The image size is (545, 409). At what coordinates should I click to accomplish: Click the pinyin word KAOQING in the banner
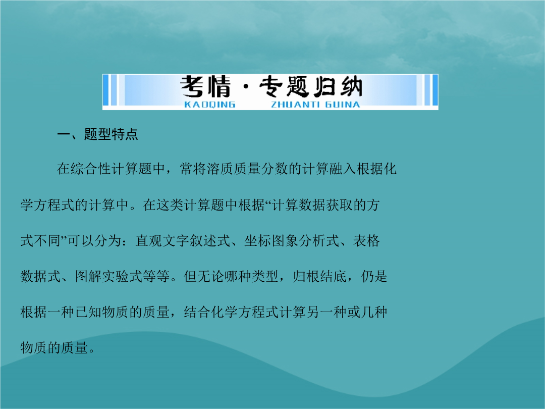pos(209,105)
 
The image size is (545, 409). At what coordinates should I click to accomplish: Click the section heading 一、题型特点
pos(97,134)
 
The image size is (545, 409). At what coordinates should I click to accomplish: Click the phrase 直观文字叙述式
pos(183,241)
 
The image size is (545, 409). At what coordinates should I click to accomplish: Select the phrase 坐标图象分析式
pos(291,241)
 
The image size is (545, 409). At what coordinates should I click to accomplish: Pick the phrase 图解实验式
pos(109,277)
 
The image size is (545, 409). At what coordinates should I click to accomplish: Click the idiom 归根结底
pos(320,277)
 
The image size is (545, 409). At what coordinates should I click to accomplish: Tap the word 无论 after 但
pos(210,277)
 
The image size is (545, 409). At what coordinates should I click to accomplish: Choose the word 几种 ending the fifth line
pos(373,313)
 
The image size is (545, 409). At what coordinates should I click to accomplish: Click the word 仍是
pos(374,277)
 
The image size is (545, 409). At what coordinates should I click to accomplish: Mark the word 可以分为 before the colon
pos(94,241)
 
